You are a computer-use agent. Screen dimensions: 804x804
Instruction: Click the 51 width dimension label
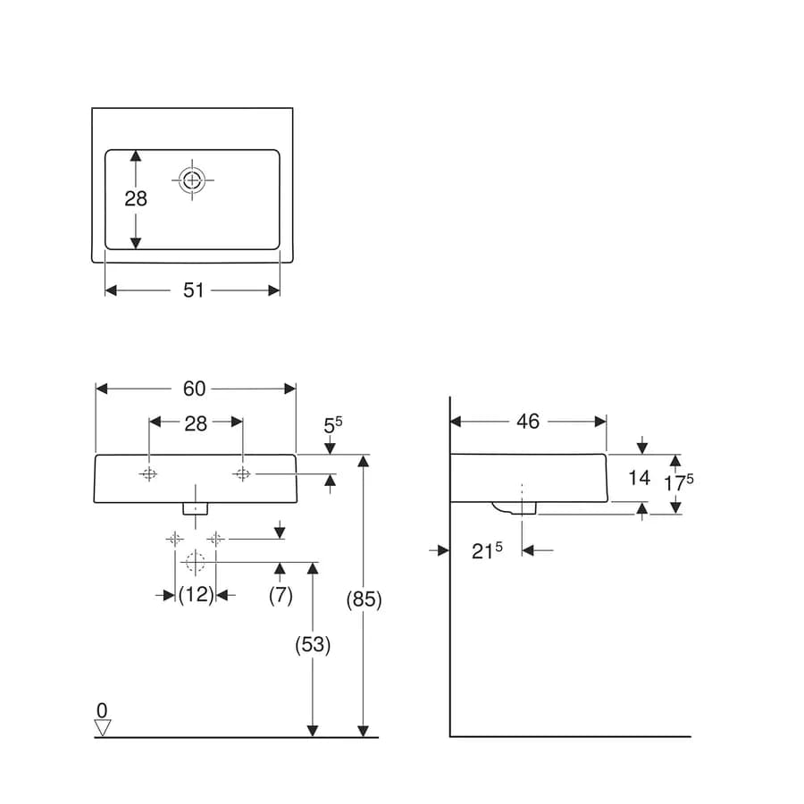[x=193, y=290]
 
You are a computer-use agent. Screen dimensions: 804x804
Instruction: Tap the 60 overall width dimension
[x=195, y=389]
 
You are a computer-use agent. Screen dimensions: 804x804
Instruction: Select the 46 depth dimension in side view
[x=528, y=422]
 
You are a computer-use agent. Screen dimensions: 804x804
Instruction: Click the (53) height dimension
[x=313, y=644]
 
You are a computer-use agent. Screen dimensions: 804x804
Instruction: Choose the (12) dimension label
[x=196, y=595]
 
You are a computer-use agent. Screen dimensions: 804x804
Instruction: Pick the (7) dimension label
[x=281, y=595]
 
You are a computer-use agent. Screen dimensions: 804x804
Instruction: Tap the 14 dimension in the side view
[x=639, y=478]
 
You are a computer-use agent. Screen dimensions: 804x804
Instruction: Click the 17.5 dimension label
[x=678, y=482]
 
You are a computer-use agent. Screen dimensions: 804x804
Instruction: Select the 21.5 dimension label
[x=487, y=550]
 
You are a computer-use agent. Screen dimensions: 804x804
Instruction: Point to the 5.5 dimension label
[x=333, y=424]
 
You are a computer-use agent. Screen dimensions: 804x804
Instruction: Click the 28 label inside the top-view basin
[x=136, y=198]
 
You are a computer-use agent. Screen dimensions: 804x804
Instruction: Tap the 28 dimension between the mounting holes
[x=196, y=423]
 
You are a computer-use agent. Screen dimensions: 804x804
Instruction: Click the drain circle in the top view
[x=192, y=180]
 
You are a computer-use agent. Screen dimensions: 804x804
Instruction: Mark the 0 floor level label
[x=102, y=710]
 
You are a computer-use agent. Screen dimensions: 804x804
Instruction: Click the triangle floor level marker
[x=103, y=727]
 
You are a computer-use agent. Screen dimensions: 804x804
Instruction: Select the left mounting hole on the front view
[x=148, y=474]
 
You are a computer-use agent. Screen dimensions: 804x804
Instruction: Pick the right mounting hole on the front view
[x=242, y=474]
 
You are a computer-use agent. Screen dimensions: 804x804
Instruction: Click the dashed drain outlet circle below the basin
[x=196, y=562]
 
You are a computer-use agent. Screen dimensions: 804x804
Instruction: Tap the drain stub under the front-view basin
[x=196, y=508]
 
